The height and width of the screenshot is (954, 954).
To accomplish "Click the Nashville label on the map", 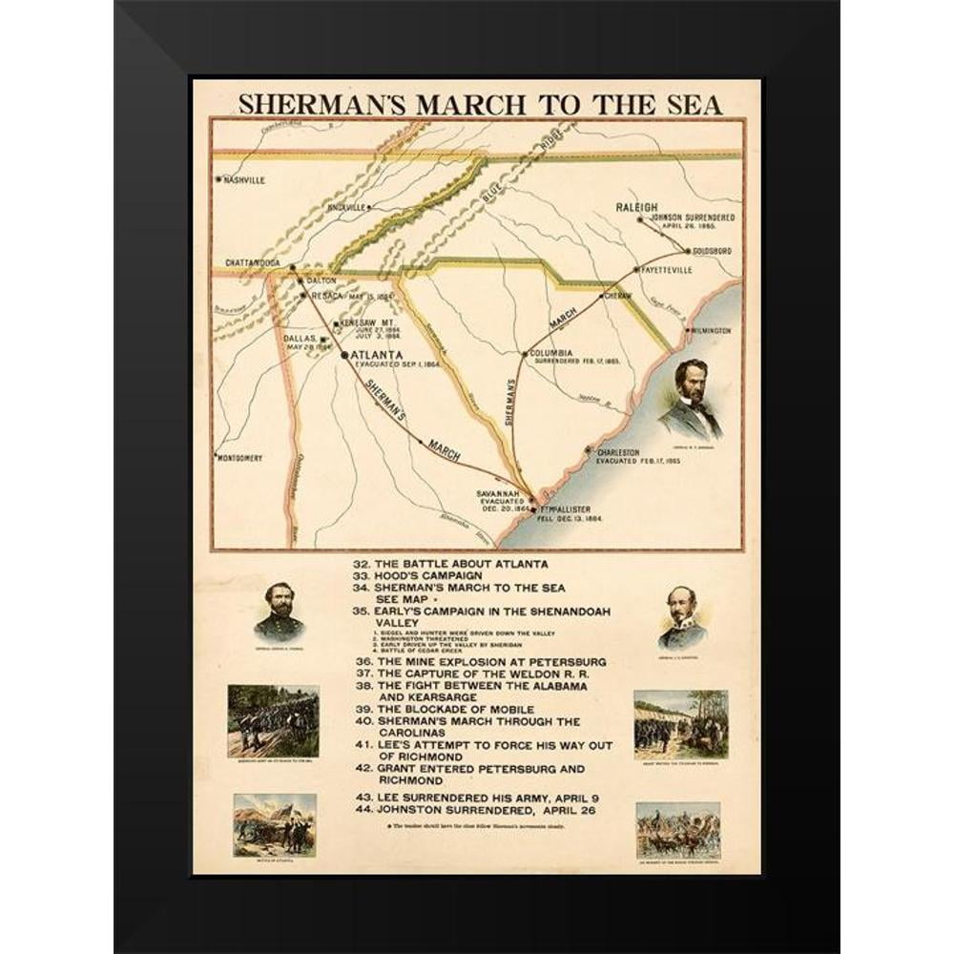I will [x=243, y=179].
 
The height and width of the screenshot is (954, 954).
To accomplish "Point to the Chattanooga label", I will [x=253, y=262].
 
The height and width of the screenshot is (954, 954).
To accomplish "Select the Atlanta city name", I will [x=378, y=355].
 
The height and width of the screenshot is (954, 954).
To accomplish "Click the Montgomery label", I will [x=239, y=458].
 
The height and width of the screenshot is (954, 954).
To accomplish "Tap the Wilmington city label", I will [x=710, y=330].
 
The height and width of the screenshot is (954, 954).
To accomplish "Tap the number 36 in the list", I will [x=363, y=661].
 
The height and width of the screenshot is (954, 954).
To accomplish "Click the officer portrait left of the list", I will [x=280, y=612].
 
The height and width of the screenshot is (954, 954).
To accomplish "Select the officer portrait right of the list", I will [x=681, y=616].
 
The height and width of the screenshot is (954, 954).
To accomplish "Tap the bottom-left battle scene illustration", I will [x=275, y=823].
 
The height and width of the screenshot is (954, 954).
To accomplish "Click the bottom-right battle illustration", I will [x=678, y=829].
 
